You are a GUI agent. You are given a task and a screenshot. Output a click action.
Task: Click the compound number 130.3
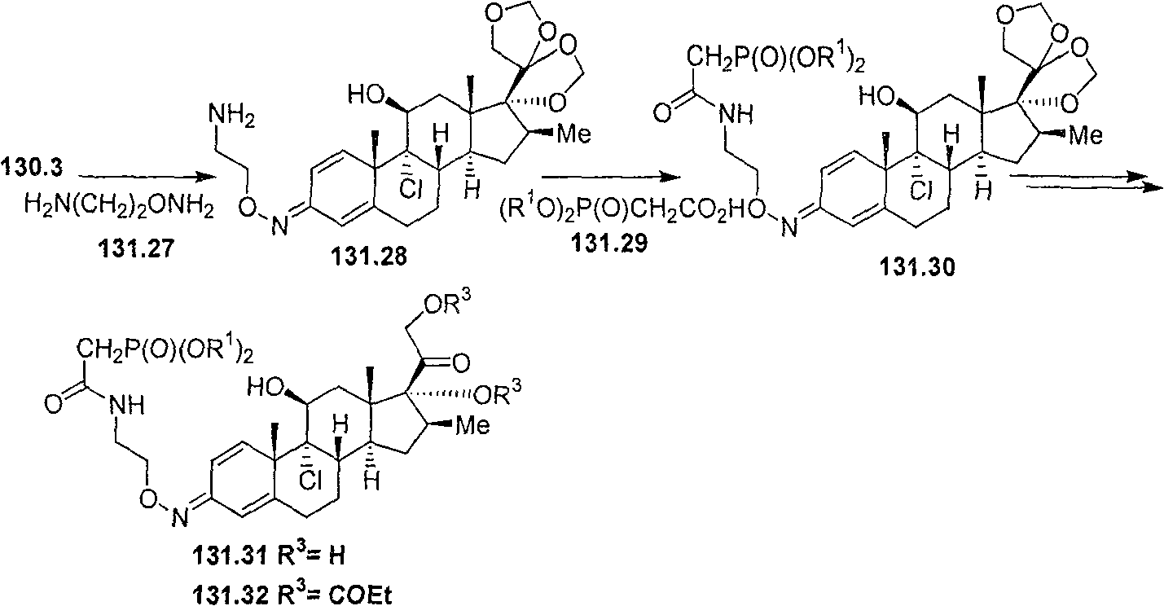(32, 168)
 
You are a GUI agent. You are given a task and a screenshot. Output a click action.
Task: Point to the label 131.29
(609, 242)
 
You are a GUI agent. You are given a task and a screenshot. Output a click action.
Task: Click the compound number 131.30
(917, 268)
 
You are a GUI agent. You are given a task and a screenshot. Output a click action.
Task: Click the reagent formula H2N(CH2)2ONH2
(119, 209)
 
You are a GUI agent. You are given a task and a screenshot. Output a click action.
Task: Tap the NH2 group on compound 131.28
(231, 116)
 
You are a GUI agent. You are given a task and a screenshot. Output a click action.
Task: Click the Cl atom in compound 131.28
(411, 191)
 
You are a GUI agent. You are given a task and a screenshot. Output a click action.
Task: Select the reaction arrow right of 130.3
(147, 178)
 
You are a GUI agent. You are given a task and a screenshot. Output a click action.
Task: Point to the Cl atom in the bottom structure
(310, 481)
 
